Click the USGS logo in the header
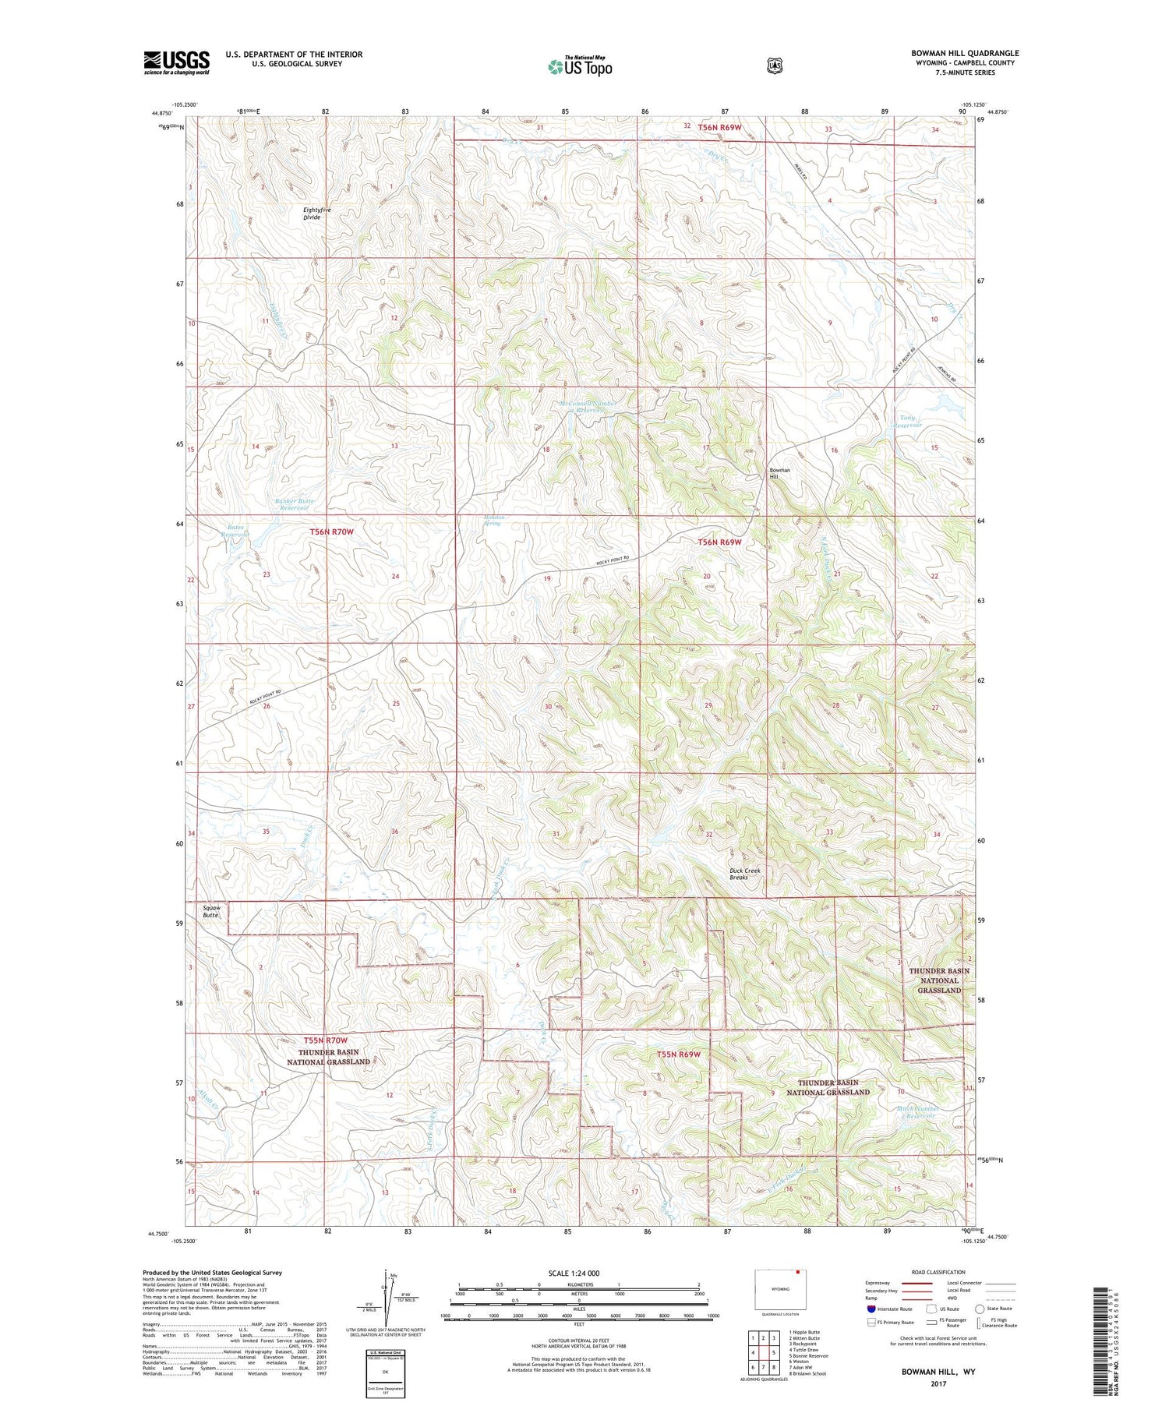pyautogui.click(x=176, y=62)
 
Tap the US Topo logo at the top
pyautogui.click(x=580, y=66)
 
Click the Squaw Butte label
pyautogui.click(x=211, y=911)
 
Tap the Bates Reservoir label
pyautogui.click(x=235, y=531)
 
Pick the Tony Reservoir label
pyautogui.click(x=908, y=422)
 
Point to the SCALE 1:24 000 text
pyautogui.click(x=579, y=1273)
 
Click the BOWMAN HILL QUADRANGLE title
pyautogui.click(x=965, y=53)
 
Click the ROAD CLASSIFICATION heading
pyautogui.click(x=941, y=1273)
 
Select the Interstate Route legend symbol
pyautogui.click(x=871, y=1309)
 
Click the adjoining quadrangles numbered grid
pyautogui.click(x=763, y=1353)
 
